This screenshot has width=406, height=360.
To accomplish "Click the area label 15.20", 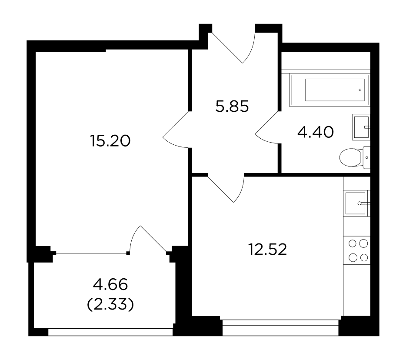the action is tap(110, 141).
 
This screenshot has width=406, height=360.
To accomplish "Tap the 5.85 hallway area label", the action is tap(232, 107).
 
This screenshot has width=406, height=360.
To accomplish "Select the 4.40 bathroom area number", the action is tap(316, 132).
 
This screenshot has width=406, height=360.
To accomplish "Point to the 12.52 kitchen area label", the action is tap(268, 250).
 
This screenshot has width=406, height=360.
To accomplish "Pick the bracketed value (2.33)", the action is tap(110, 304).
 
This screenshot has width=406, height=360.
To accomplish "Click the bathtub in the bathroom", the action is tap(329, 90).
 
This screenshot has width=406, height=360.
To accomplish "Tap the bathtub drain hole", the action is tap(360, 90).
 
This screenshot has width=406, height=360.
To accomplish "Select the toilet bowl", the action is tap(350, 157).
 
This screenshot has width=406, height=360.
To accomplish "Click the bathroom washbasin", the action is tap(361, 127).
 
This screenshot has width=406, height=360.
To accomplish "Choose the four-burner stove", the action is tap(357, 250).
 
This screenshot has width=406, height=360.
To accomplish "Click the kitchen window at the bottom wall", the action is tap(280, 327).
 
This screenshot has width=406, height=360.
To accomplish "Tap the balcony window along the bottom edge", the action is tap(110, 332).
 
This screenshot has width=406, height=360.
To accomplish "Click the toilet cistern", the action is tap(366, 157).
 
